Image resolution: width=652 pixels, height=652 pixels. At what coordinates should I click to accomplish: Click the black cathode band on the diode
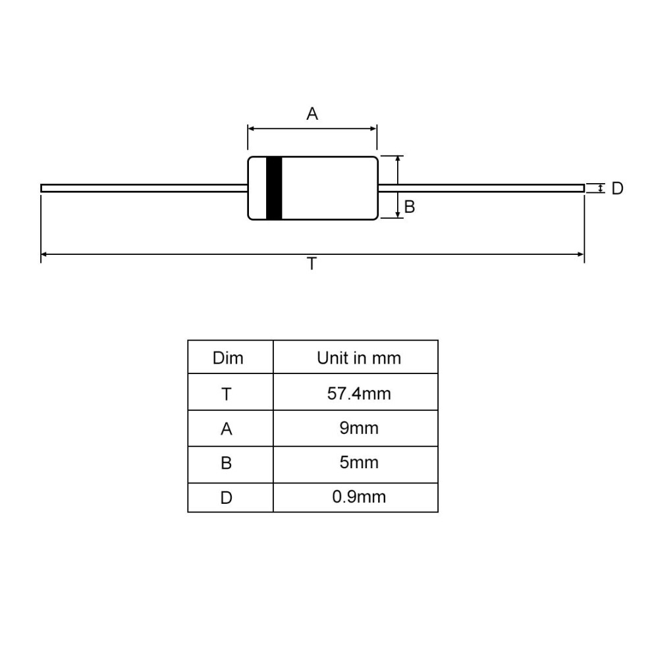tap(274, 188)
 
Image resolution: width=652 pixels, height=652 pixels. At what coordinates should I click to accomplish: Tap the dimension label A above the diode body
tap(312, 113)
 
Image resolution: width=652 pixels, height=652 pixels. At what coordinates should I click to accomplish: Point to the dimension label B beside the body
tap(409, 207)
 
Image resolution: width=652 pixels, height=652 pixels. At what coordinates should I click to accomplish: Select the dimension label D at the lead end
tap(617, 188)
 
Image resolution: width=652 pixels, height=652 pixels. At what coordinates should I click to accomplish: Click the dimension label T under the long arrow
tap(312, 263)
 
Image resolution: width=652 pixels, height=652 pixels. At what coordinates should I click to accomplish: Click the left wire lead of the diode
tap(144, 188)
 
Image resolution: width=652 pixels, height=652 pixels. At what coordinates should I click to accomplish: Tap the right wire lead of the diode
tap(481, 188)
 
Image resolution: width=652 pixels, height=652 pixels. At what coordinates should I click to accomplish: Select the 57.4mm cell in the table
tap(359, 393)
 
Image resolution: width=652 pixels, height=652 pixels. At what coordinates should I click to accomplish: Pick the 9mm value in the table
tap(359, 428)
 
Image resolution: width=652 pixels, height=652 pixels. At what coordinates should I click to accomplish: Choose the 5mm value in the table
tap(359, 462)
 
